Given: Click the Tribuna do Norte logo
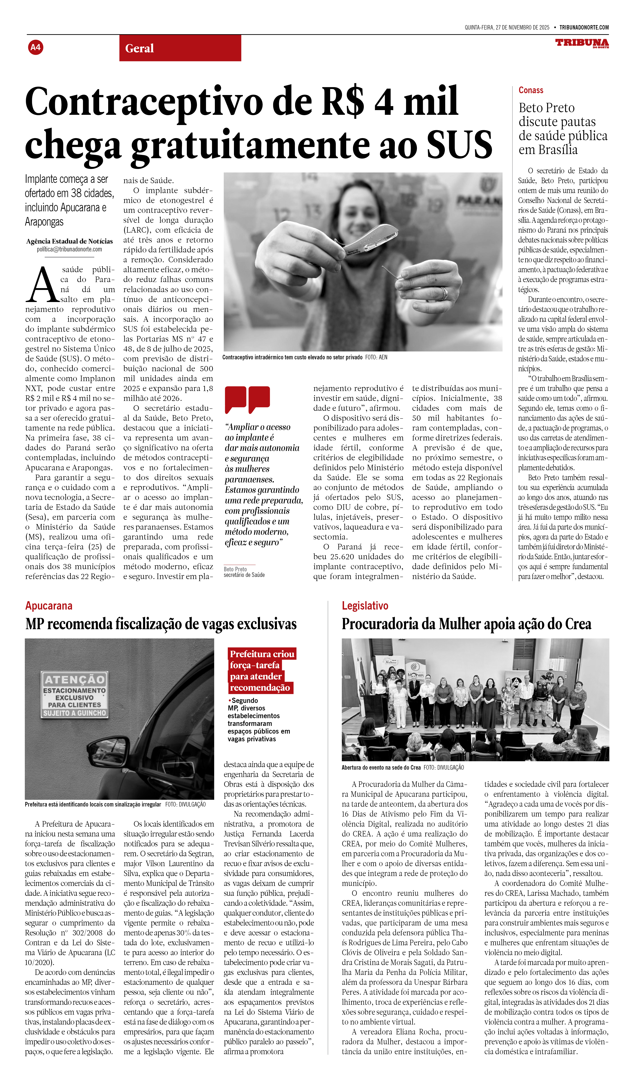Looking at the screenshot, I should pos(582,43).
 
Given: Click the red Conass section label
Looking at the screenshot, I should pos(531,90).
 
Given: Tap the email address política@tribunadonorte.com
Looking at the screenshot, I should pos(69,249).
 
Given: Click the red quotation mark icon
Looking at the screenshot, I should pos(247,399).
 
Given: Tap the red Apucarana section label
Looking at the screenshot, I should pos(49,605).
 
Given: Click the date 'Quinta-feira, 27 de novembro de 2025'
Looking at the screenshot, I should pos(507,27).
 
